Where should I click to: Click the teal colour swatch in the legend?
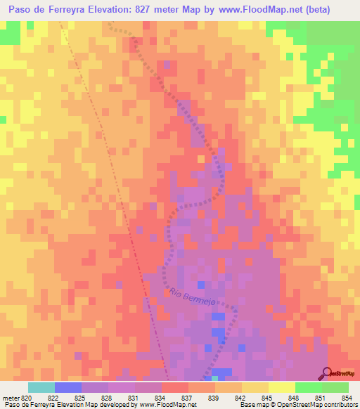coord(41,387)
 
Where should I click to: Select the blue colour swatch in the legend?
coord(67,387)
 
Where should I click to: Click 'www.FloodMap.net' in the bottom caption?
coord(167,405)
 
